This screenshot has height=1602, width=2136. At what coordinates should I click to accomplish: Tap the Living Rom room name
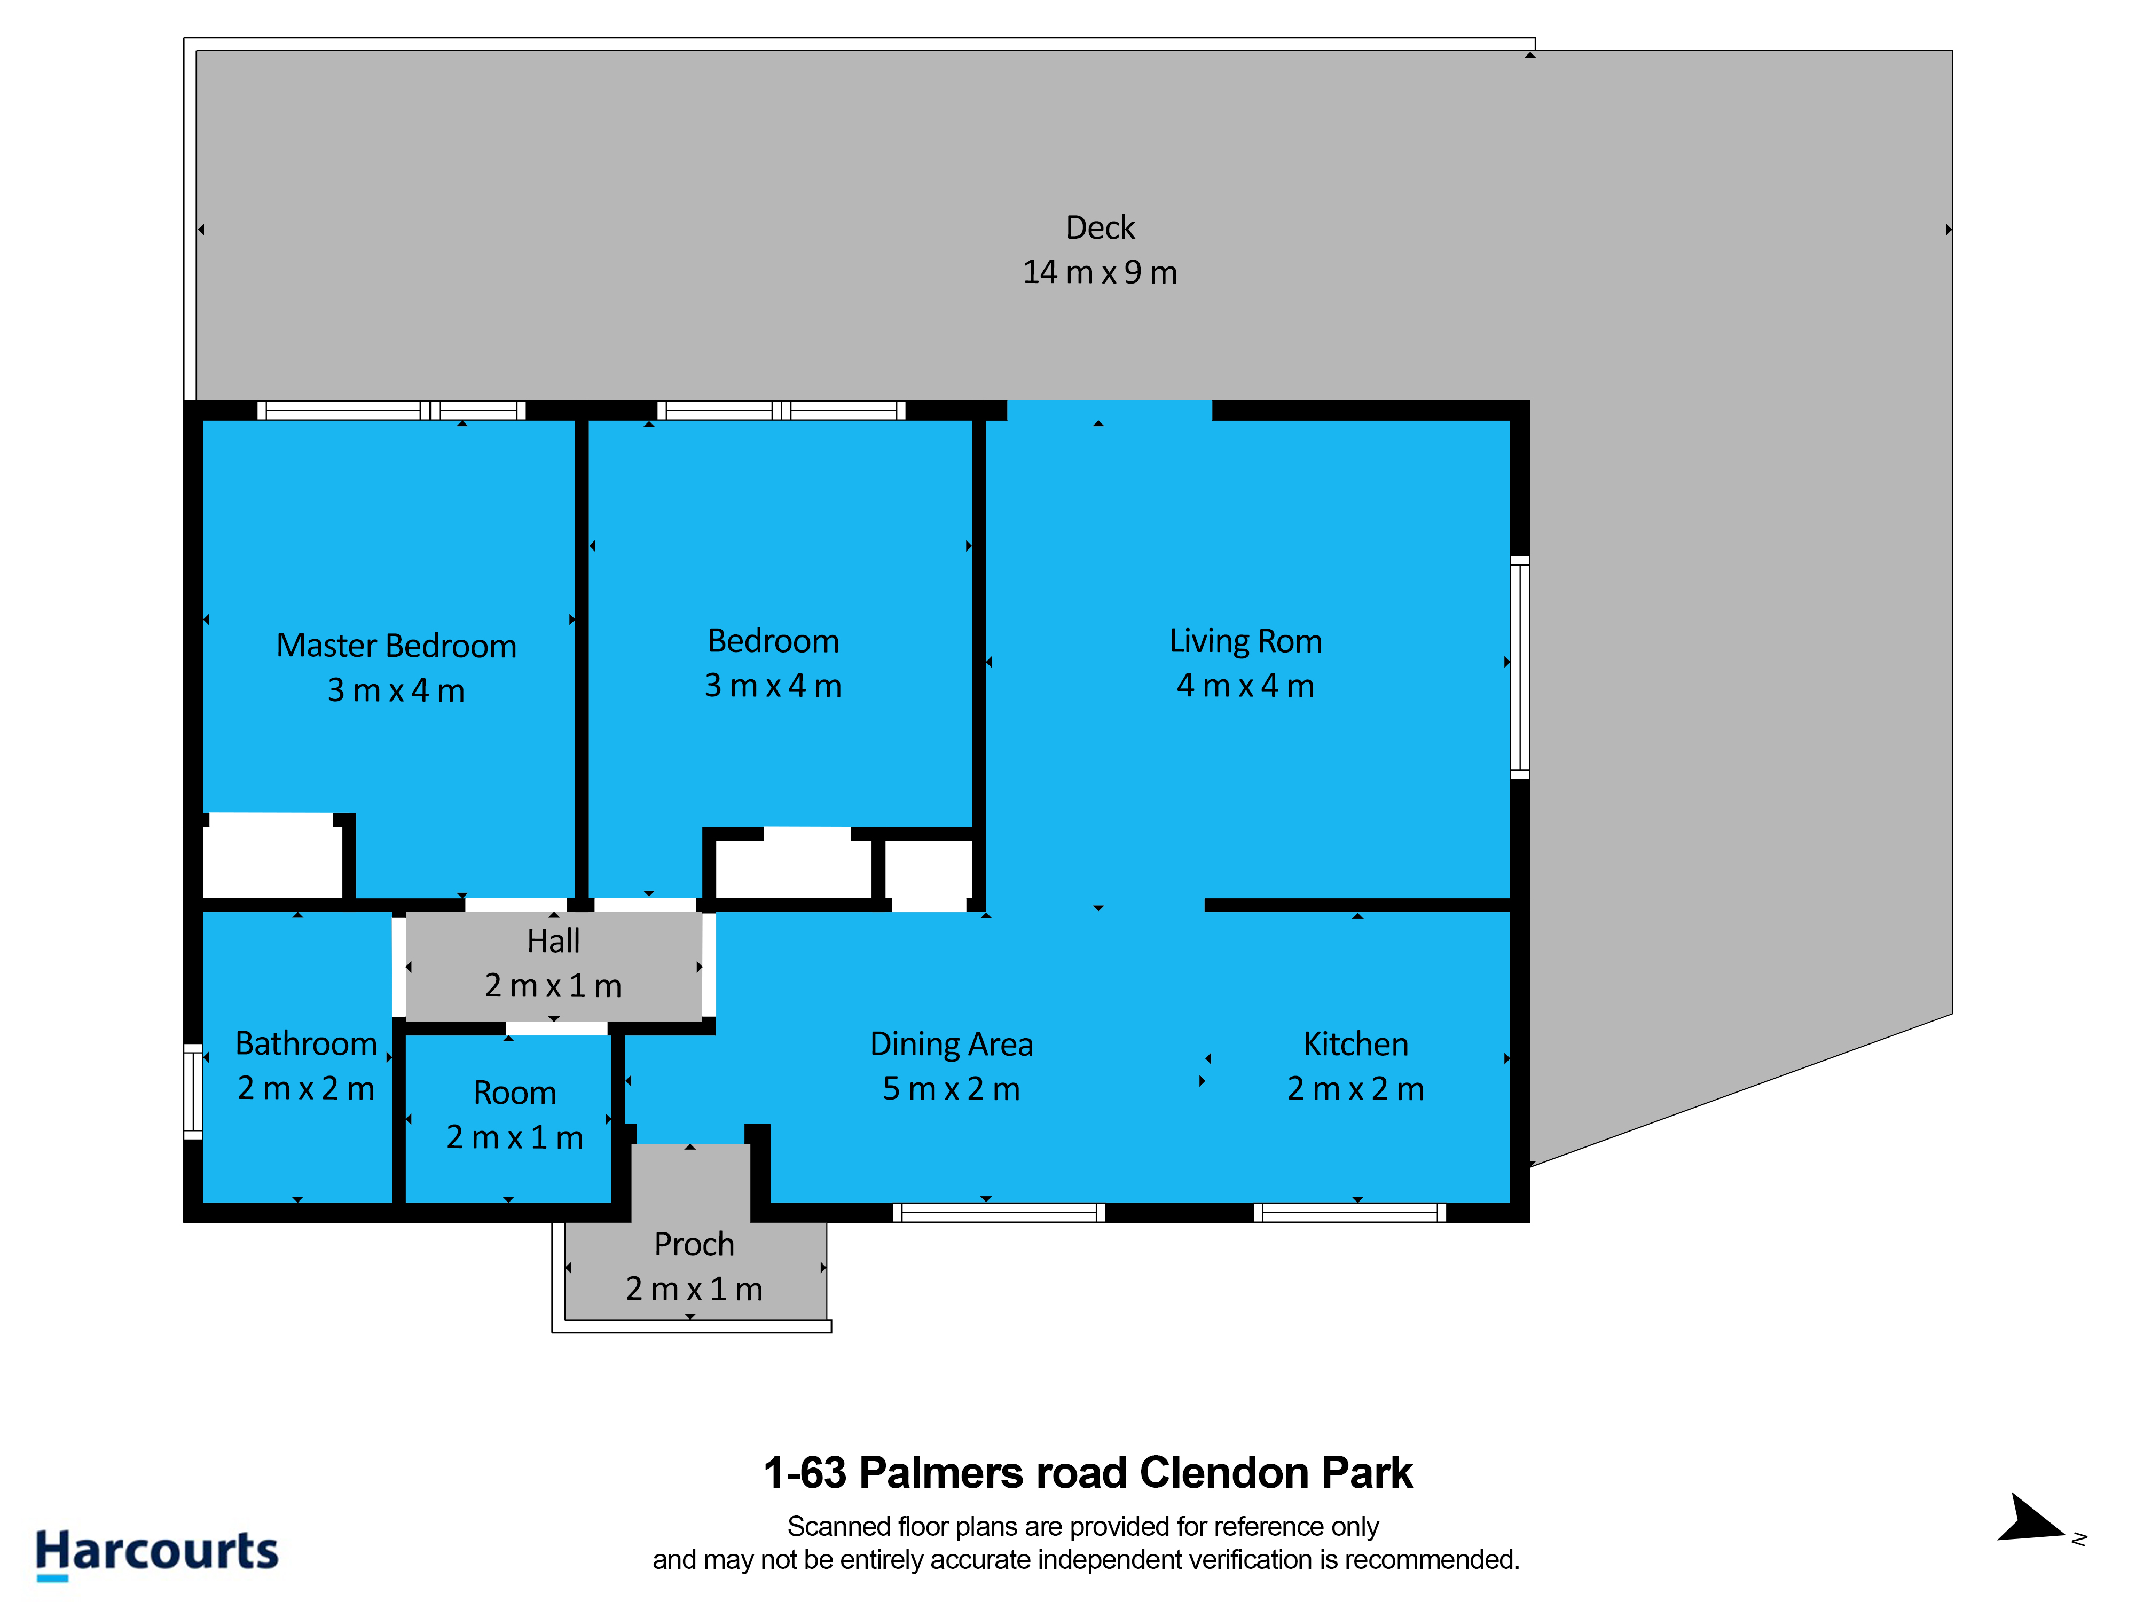point(1246,641)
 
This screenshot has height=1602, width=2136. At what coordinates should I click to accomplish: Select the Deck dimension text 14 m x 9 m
point(1100,272)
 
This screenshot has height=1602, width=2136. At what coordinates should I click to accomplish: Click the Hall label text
point(553,940)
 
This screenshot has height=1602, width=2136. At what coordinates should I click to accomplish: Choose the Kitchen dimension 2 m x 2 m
point(1356,1088)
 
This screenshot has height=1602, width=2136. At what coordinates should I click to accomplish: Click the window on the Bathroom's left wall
point(193,1091)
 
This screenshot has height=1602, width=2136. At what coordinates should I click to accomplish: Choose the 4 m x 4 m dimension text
point(1246,686)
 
